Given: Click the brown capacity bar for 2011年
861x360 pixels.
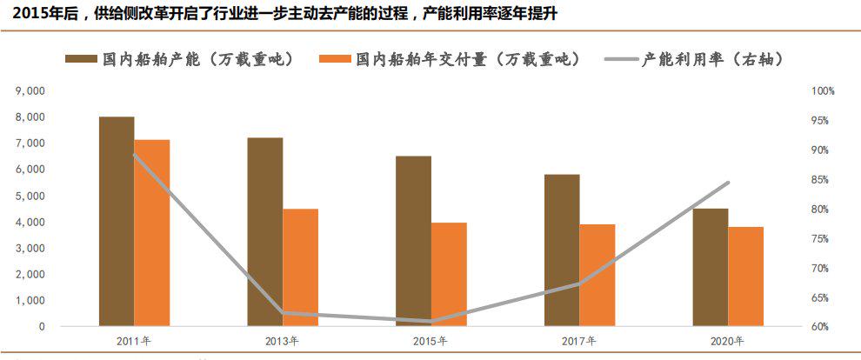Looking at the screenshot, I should coord(117,222).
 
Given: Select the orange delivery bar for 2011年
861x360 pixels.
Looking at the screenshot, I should coord(152,233).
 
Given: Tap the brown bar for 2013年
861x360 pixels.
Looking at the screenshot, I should coord(264,232).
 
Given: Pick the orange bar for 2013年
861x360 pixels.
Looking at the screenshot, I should coord(300,268).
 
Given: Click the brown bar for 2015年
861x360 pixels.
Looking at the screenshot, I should coord(413,242).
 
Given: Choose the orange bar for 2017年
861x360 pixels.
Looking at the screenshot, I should coord(597,276).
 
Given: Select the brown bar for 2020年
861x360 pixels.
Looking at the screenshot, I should coord(710,268).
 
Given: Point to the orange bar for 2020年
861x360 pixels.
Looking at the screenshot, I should coord(745,277).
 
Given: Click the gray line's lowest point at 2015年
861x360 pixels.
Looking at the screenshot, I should coord(431,322).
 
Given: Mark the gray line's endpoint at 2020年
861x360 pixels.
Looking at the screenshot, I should coord(728,183).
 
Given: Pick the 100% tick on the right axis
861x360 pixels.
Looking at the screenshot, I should coord(823,91).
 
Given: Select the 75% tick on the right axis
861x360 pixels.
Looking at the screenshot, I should coord(823,239).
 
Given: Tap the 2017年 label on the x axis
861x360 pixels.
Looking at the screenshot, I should coord(579,341).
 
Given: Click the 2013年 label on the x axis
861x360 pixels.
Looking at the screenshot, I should coord(283,341).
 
